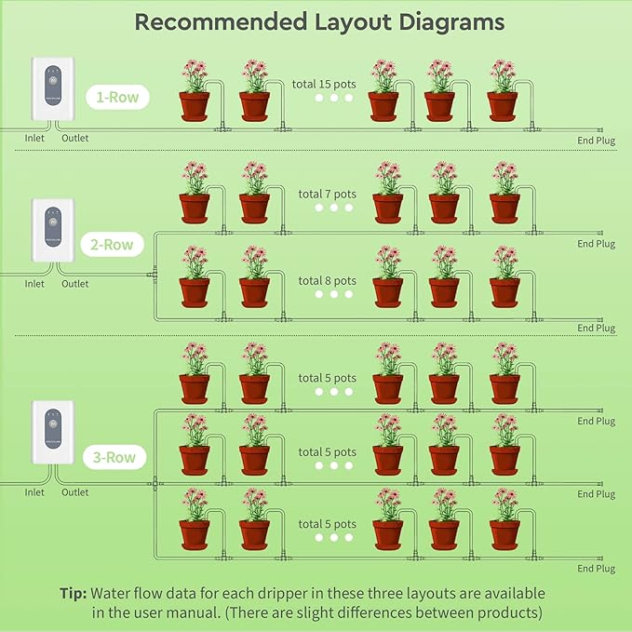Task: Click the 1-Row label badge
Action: click(x=117, y=95)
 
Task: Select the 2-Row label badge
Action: click(x=112, y=245)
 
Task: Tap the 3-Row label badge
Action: click(x=114, y=457)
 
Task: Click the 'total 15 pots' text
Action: click(x=323, y=83)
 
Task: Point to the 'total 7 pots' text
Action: click(x=327, y=195)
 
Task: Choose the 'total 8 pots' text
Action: click(x=327, y=280)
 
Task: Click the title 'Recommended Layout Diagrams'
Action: click(x=320, y=22)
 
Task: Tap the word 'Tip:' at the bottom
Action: click(x=74, y=593)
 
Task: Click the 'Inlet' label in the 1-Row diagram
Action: click(x=34, y=139)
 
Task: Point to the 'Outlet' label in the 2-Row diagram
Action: click(x=75, y=284)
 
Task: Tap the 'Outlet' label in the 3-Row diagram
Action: click(x=75, y=492)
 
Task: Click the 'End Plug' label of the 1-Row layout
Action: click(x=597, y=141)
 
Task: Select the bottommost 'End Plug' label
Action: click(x=597, y=569)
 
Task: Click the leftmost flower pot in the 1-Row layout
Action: click(x=194, y=104)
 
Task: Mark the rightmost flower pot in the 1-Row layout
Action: click(x=504, y=104)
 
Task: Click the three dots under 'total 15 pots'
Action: click(x=333, y=98)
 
